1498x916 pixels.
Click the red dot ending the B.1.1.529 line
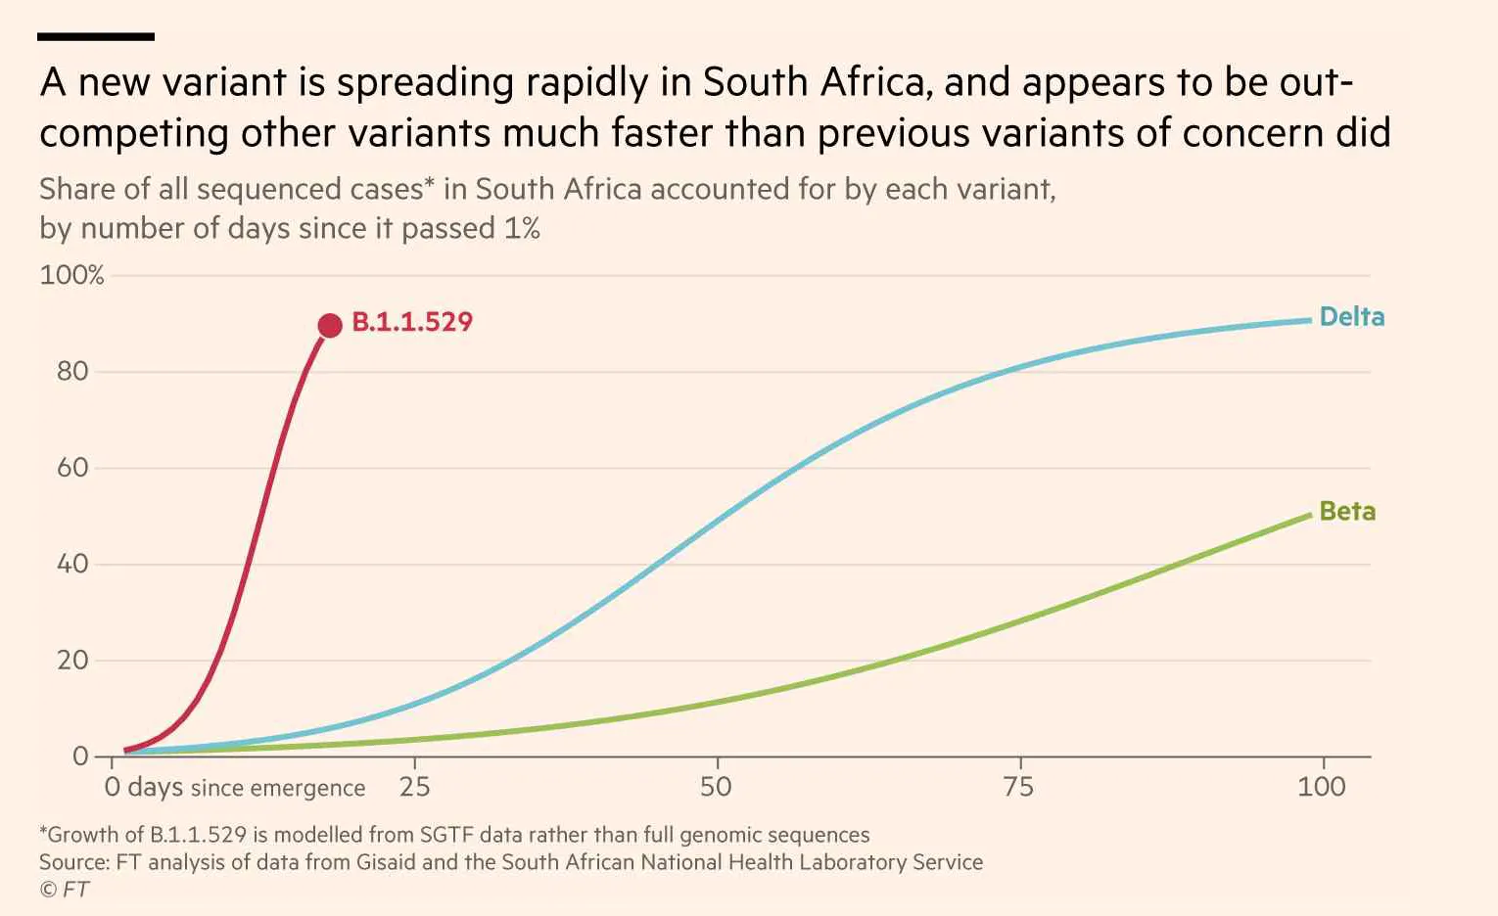tap(330, 325)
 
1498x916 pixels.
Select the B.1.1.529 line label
tap(412, 322)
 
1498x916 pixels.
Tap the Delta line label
tap(1352, 317)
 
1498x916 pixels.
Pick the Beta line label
tap(1347, 511)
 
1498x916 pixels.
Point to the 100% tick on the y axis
tap(71, 275)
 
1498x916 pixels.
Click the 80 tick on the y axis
tap(72, 371)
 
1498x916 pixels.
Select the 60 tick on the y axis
tap(72, 467)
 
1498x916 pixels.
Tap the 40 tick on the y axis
tap(72, 564)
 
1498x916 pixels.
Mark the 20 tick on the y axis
tap(72, 660)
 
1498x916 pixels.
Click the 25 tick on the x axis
tap(415, 786)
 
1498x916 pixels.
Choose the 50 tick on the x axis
tap(717, 786)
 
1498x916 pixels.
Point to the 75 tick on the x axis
tap(1019, 786)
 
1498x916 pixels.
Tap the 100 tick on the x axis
tap(1322, 786)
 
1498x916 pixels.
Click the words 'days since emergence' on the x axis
tap(246, 788)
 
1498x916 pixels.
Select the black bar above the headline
tap(96, 37)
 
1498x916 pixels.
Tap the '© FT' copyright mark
tap(65, 890)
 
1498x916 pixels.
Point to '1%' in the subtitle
tap(522, 228)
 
